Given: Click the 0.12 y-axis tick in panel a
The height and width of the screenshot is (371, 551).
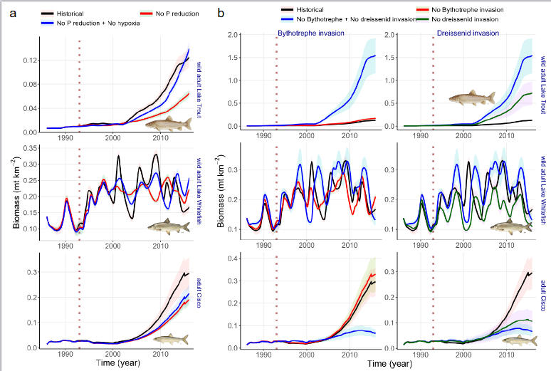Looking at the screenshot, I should [29, 61].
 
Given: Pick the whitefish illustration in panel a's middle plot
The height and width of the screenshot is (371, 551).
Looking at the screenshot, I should [168, 227].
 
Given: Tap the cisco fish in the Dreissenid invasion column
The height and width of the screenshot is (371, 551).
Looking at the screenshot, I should [515, 340].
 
